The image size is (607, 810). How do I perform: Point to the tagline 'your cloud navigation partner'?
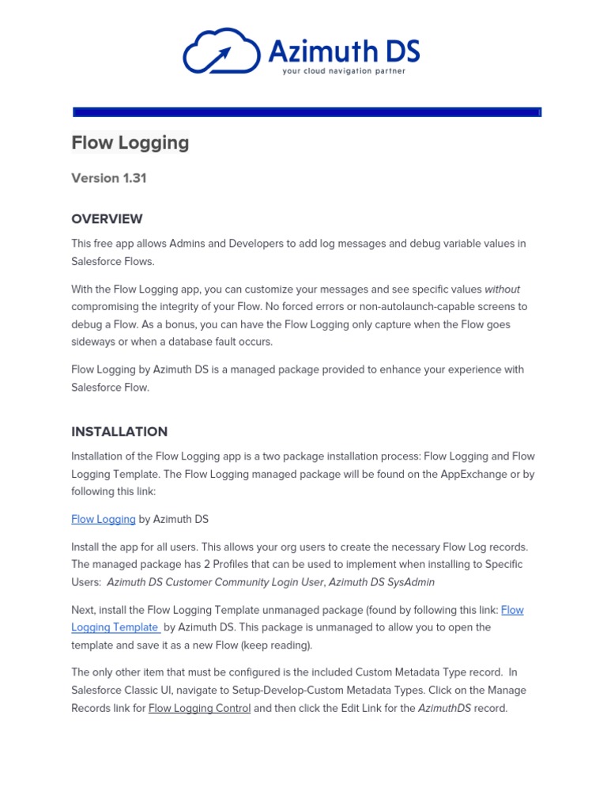coord(344,71)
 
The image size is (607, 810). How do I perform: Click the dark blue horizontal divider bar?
coord(307,112)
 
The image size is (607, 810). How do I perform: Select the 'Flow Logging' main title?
coord(130,142)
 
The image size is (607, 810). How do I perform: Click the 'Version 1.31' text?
coord(109,178)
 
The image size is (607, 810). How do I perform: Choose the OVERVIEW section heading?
coord(107,218)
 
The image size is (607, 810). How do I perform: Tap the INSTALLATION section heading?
coord(119,431)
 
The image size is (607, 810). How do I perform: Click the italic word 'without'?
coord(502,289)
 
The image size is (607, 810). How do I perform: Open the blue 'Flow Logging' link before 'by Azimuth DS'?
coord(103,519)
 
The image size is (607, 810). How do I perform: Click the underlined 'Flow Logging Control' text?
coord(199,708)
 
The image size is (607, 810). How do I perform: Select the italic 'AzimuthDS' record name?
coord(444,708)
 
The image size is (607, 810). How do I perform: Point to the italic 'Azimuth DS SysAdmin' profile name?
coord(382,581)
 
